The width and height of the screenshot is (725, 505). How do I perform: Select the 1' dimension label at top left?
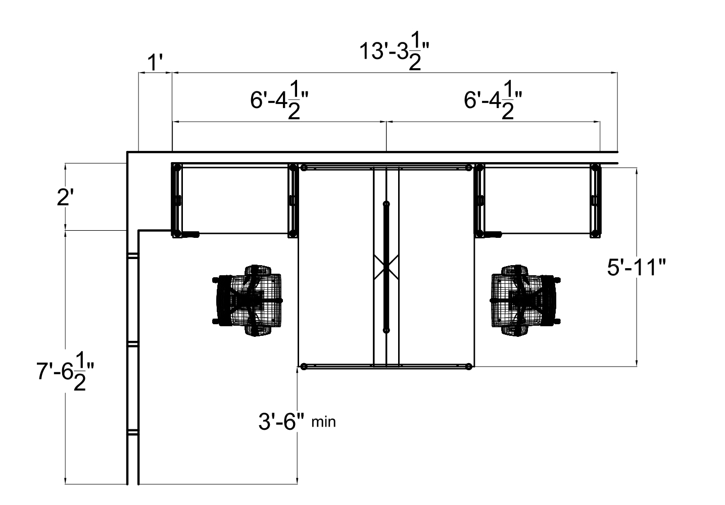tap(155, 64)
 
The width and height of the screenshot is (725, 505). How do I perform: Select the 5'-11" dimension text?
tap(636, 268)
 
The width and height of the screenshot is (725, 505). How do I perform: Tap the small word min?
tap(323, 422)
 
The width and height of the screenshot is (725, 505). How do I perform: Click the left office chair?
tap(248, 300)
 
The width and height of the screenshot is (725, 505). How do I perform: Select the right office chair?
tap(525, 300)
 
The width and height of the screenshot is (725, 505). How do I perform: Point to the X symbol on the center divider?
tap(386, 265)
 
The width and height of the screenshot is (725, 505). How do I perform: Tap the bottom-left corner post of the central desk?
tap(303, 367)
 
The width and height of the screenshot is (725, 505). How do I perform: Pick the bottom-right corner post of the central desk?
tap(469, 367)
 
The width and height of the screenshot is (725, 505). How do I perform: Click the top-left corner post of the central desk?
tap(304, 168)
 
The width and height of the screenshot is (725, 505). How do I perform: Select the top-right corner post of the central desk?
tap(469, 168)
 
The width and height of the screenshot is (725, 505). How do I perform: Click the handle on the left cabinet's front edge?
tap(191, 234)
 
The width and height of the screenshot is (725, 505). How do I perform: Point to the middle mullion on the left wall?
tap(132, 344)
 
